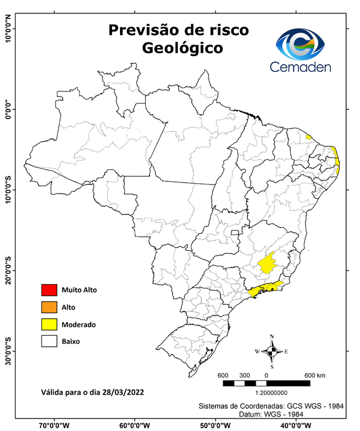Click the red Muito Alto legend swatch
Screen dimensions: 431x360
(x=49, y=290)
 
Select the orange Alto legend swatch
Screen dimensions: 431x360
(x=49, y=307)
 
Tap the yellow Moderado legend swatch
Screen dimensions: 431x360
(x=49, y=324)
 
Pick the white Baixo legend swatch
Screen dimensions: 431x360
(x=49, y=341)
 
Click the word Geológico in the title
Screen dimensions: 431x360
(x=182, y=48)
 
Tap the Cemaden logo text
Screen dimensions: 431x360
(x=301, y=67)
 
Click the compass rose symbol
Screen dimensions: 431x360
(x=271, y=351)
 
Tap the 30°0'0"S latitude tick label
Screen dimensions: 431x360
(x=8, y=351)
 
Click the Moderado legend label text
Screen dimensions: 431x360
(x=79, y=324)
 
